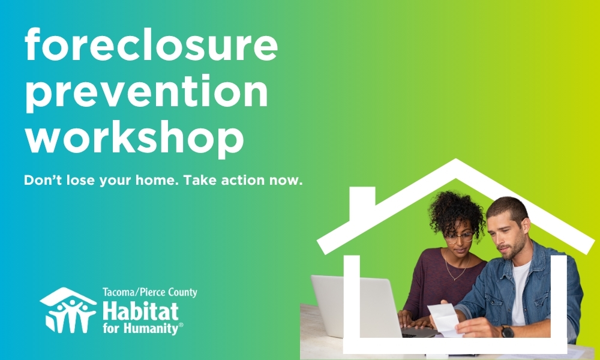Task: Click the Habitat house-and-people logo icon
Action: click(x=67, y=310)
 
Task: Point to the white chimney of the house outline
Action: click(x=362, y=202)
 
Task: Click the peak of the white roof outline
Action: click(x=456, y=164)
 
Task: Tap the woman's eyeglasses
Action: click(x=459, y=237)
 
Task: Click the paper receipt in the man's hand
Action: click(x=445, y=318)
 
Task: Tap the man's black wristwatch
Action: click(x=508, y=331)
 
